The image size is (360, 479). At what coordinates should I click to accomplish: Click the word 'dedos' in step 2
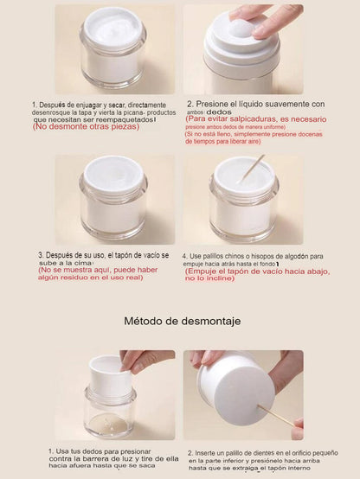[x=220, y=112]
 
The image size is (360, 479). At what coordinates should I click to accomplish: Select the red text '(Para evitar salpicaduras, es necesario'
[x=256, y=119]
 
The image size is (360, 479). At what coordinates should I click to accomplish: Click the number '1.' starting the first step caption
[x=35, y=103]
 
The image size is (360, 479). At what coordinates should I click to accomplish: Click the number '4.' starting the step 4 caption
[x=185, y=257]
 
